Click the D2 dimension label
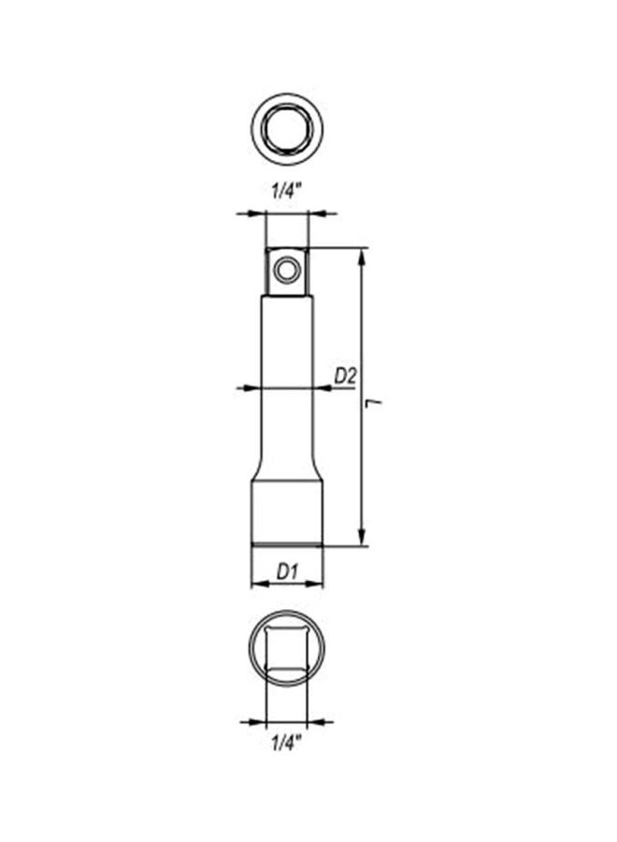(346, 376)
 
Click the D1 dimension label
(286, 571)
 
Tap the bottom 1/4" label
(286, 744)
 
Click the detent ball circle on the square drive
(286, 270)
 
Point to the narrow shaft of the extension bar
(286, 374)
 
